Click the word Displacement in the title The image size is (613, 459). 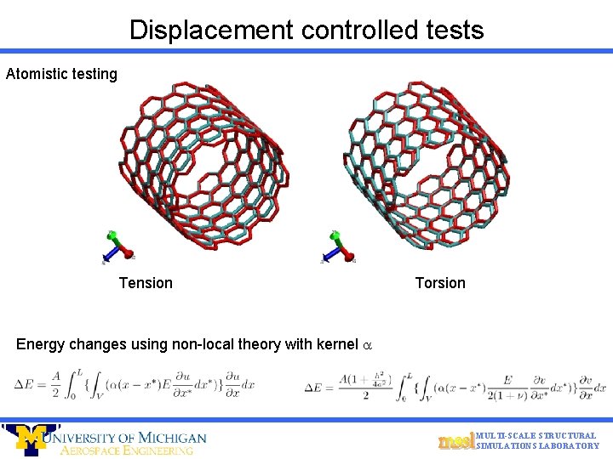tap(209, 31)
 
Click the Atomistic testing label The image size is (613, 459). tap(61, 74)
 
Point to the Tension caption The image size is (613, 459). tap(146, 283)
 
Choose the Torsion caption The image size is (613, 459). tap(440, 283)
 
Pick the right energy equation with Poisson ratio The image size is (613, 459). tap(455, 387)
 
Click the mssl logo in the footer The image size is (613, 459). tap(455, 441)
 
